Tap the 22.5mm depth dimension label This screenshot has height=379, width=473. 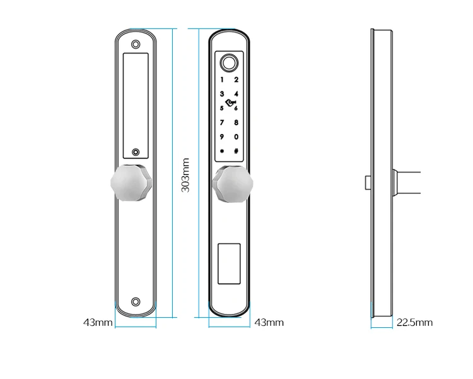click(414, 322)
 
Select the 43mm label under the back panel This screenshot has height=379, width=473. click(98, 322)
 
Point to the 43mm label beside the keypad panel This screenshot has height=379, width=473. click(269, 322)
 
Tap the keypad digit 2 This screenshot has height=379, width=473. click(237, 80)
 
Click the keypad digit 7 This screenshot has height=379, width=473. click(222, 122)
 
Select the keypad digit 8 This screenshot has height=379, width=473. click(237, 122)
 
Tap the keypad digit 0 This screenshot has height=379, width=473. click(237, 137)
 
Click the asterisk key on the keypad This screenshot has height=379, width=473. click(222, 152)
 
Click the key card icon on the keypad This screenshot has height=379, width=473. click(229, 102)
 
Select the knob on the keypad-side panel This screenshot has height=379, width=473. click(230, 184)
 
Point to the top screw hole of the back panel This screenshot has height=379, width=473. click(136, 45)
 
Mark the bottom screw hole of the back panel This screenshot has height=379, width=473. click(136, 302)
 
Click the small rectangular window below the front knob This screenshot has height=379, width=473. click(230, 262)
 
